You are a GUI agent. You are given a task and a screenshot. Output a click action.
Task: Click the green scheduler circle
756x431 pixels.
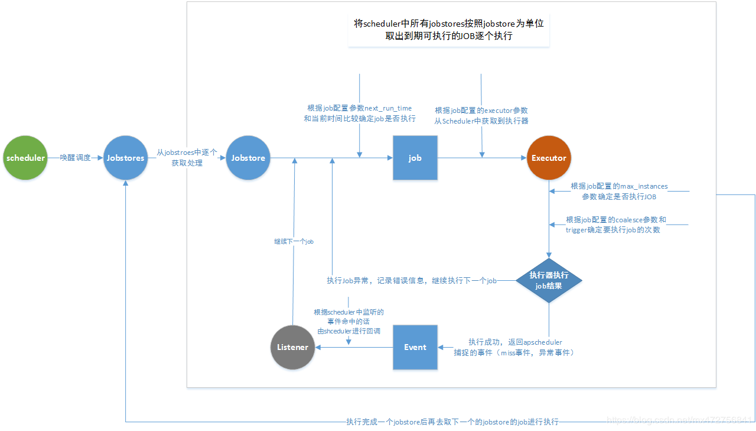coord(25,158)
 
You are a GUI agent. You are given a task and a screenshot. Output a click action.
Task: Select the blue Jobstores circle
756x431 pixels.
coord(125,158)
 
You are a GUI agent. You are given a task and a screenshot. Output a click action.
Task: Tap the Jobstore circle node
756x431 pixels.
coord(248,158)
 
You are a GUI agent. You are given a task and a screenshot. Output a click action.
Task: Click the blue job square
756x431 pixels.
coord(415,158)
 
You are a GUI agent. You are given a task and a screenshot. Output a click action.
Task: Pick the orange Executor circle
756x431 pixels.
coord(549,158)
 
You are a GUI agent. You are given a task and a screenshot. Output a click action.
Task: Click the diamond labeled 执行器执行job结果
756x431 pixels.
coord(549,280)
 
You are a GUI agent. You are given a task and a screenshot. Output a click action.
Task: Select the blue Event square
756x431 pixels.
coord(415,347)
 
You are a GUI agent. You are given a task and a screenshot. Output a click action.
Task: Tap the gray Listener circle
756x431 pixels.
coord(292,347)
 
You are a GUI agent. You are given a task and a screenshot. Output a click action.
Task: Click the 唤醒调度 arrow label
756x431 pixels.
coord(76,158)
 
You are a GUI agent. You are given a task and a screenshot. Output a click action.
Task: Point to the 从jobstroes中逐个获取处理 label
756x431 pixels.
coord(187,157)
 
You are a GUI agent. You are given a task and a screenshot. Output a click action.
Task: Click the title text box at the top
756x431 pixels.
coord(448,30)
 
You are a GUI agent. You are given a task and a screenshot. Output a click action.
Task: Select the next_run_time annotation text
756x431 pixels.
coord(359,114)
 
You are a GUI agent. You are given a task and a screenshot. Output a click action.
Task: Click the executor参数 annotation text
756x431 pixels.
coord(481,115)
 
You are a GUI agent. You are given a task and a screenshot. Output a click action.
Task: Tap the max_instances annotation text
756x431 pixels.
coord(619,191)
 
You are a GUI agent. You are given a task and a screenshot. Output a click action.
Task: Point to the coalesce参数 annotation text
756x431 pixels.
coord(615,225)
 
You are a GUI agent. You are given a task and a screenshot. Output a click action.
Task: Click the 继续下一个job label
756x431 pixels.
coord(294,241)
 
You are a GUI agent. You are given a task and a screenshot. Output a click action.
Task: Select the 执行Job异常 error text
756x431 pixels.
coord(412,280)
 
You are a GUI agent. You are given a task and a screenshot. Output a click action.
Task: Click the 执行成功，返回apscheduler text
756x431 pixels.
coord(514,347)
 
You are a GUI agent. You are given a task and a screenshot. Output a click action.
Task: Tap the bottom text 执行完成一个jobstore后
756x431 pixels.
coord(452,422)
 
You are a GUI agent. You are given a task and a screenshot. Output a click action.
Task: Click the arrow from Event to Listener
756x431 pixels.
coord(354,347)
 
